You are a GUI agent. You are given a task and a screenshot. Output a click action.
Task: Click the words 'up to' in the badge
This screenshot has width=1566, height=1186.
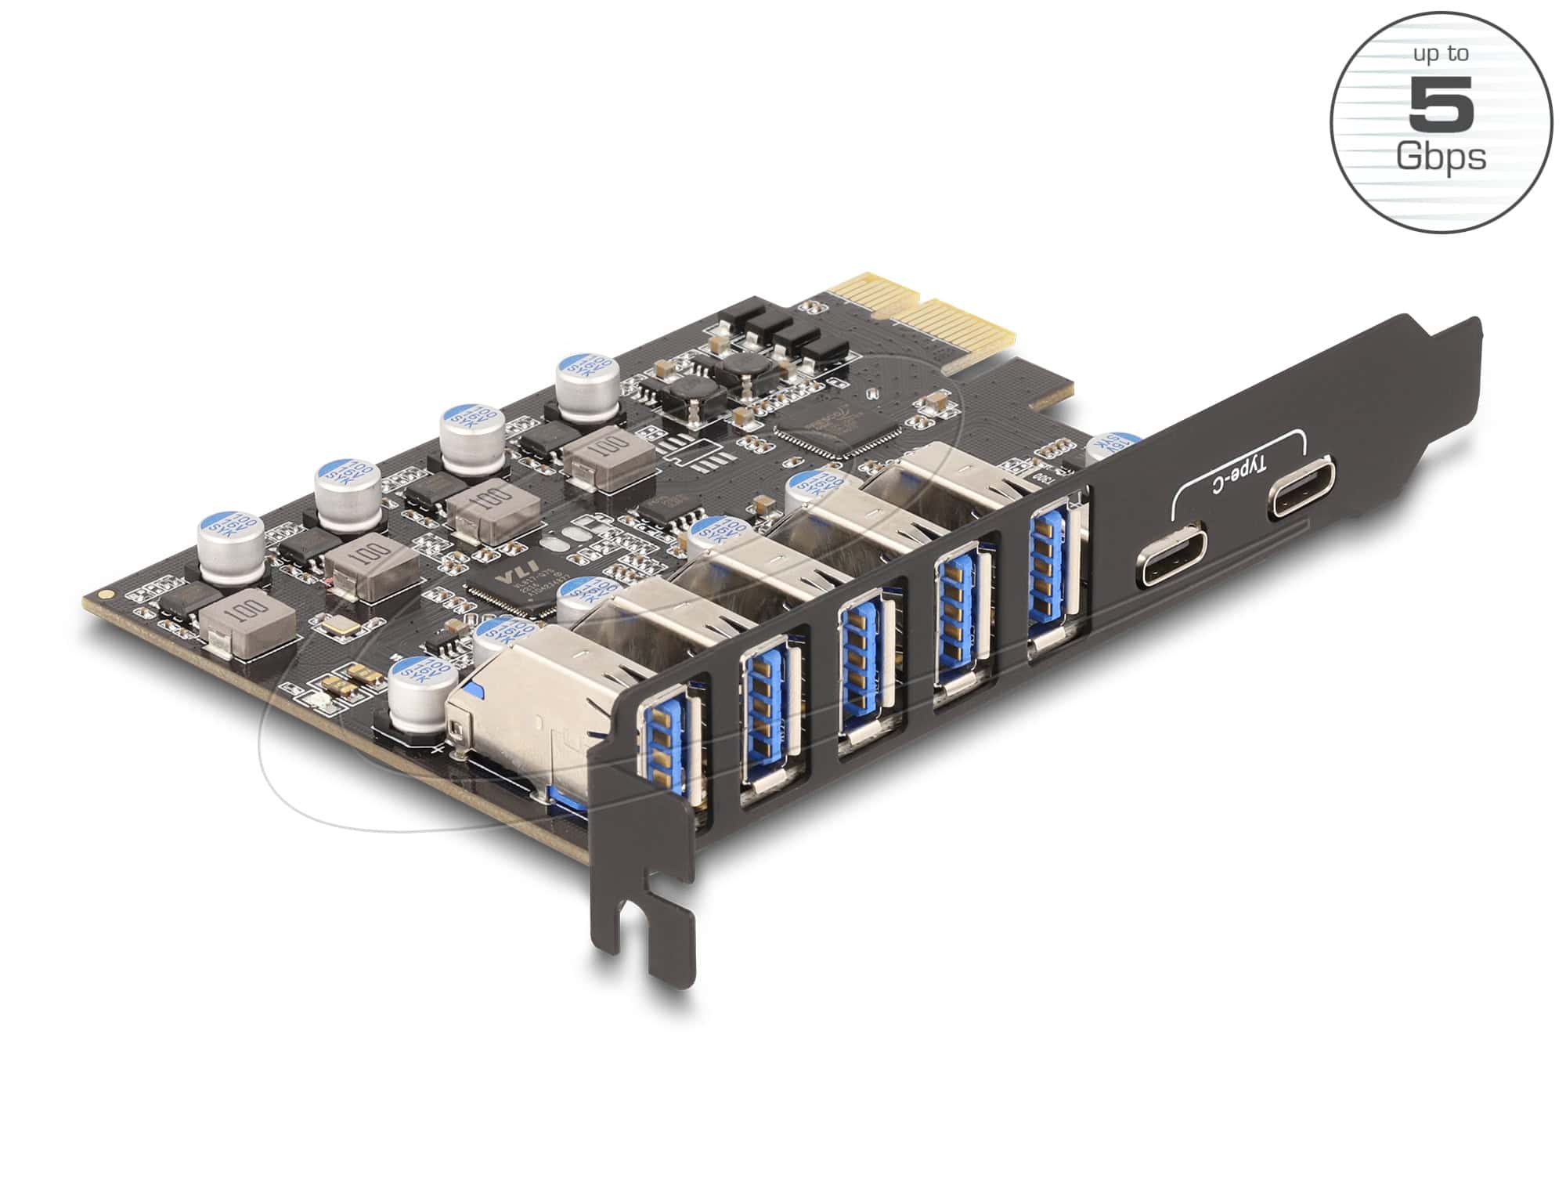[1440, 55]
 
